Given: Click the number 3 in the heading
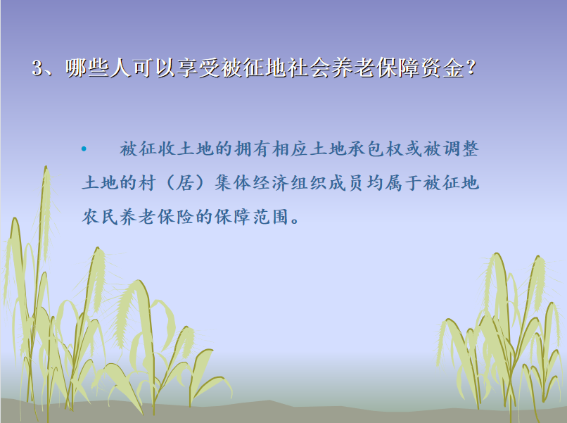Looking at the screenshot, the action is pos(37,68).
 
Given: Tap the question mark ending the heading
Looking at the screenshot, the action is pos(471,68).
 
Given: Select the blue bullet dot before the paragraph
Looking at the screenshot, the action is pos(84,149).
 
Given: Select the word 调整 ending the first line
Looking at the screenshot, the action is pos(461,149).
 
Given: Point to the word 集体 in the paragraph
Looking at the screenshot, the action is pos(234,183).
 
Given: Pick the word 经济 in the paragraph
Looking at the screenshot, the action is pos(272,183).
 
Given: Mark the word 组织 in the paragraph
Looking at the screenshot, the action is pos(309,183).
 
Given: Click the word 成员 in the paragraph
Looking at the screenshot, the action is pos(347,183).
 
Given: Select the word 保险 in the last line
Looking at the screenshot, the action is pos(176,217).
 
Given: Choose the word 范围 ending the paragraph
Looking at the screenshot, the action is pos(271,217).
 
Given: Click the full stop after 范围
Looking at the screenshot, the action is pos(295,221).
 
